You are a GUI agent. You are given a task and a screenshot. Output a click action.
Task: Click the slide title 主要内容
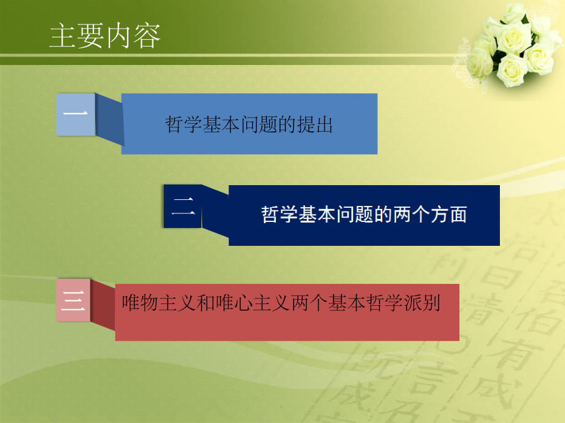coord(105,37)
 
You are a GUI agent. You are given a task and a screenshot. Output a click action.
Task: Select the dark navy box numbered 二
coord(183,207)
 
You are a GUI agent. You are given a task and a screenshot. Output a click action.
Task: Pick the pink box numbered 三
coord(73,300)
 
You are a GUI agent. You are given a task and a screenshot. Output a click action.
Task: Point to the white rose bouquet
coord(513,46)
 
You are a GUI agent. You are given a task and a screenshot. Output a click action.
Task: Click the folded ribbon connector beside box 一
coord(108,120)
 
